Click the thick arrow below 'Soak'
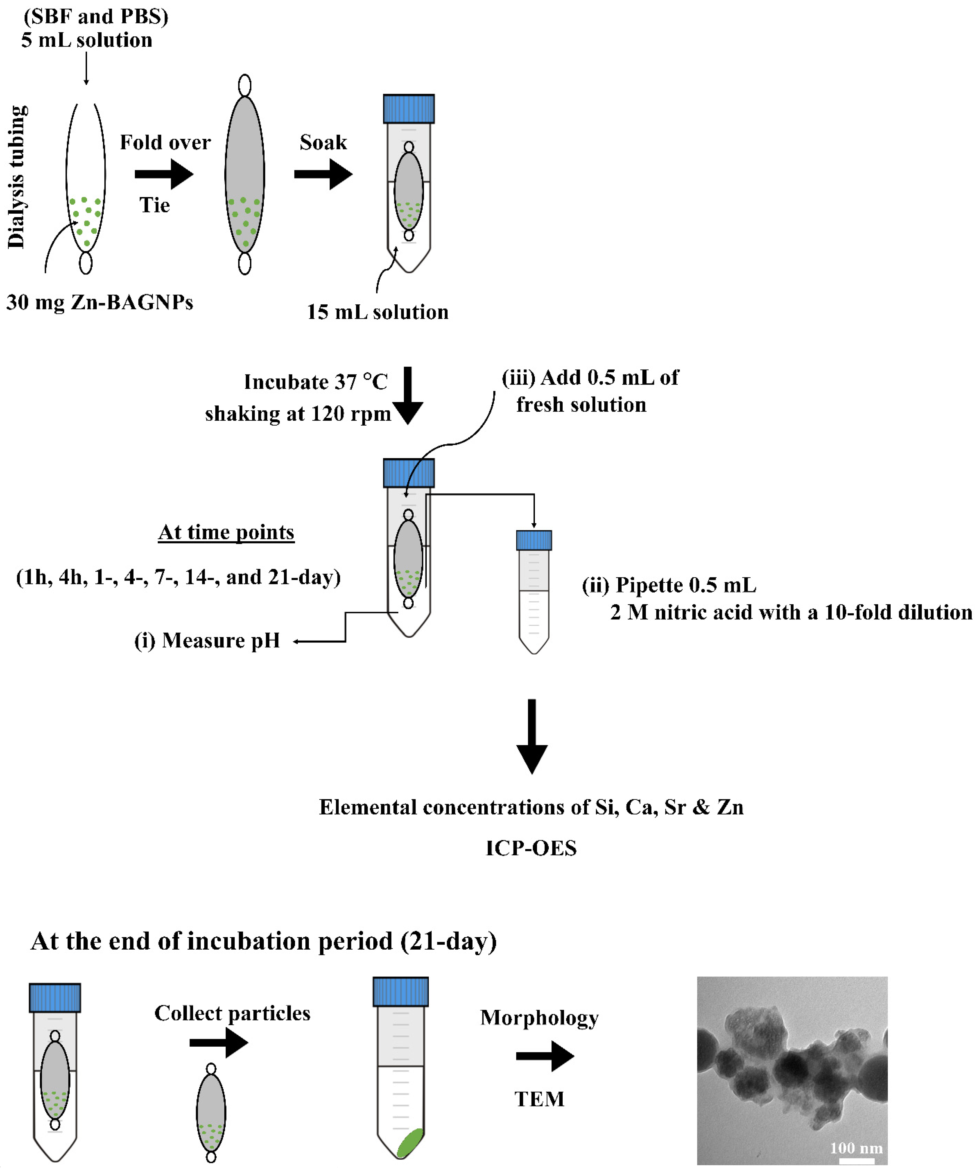323,174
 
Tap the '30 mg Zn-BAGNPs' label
100,302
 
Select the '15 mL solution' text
377,312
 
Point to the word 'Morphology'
539,1018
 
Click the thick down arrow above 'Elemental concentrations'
531,736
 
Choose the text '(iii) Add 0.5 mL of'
590,378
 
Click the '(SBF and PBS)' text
95,16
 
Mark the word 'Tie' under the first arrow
154,205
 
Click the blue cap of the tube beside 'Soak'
408,109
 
